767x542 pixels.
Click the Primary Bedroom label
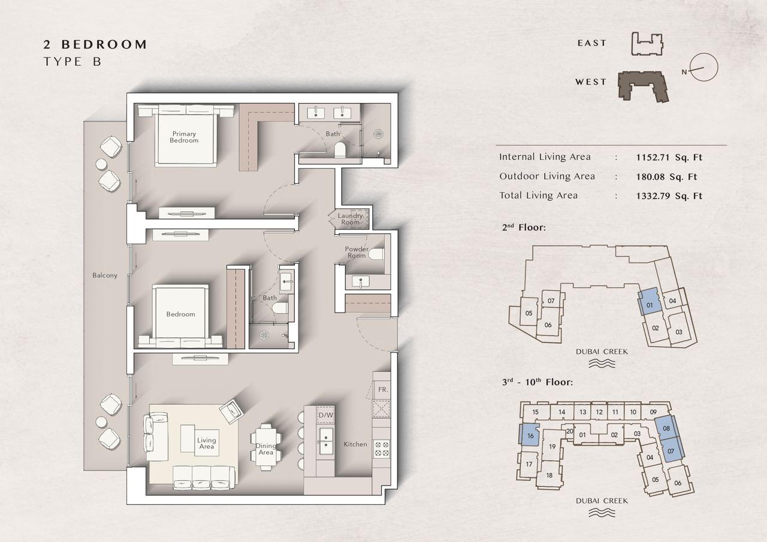[184, 137]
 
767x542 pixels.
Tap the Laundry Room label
[350, 219]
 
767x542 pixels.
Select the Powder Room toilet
[376, 254]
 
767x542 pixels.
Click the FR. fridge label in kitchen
[383, 389]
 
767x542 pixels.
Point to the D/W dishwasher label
[325, 416]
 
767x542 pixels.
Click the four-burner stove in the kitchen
[382, 449]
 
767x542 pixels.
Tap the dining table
[265, 447]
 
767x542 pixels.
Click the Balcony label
[105, 275]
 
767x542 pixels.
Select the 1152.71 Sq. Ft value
[669, 158]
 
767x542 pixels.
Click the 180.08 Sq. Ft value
[666, 177]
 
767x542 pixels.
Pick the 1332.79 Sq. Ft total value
[669, 196]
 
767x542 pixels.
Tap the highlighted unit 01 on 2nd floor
[649, 301]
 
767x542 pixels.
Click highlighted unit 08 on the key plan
[666, 428]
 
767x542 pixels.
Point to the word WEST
[591, 82]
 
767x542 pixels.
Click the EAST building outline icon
[647, 44]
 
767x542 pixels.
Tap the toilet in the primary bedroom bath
[340, 150]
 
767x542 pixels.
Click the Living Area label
[207, 443]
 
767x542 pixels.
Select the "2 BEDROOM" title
[95, 44]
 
